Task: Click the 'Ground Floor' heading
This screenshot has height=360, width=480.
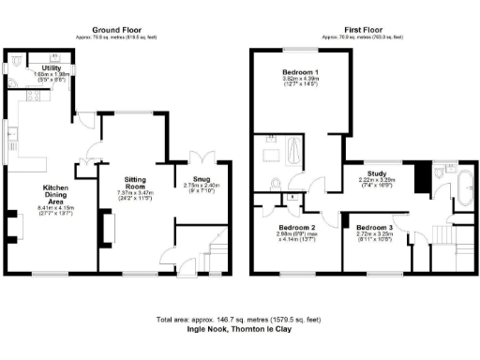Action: tap(119, 30)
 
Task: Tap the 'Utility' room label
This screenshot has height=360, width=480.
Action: tap(52, 68)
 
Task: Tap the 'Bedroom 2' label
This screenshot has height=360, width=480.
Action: tap(295, 228)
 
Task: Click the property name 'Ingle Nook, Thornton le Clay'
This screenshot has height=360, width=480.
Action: tap(240, 330)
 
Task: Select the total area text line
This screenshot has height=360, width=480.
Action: tap(240, 320)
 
